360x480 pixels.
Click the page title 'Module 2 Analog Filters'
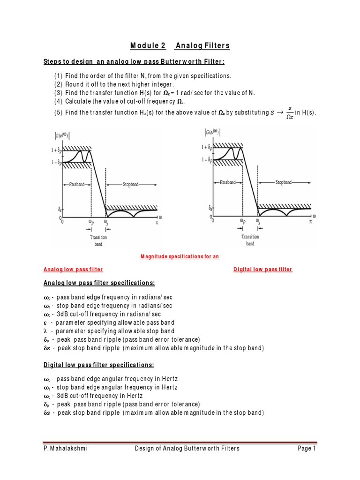click(180, 45)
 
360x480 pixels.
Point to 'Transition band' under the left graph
click(98, 240)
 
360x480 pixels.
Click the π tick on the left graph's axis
click(157, 224)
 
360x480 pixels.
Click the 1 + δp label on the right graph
click(209, 147)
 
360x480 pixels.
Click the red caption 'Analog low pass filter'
click(73, 270)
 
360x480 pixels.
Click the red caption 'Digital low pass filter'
click(262, 270)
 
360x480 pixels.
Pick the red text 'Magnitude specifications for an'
click(180, 257)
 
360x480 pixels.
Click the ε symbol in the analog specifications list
click(45, 322)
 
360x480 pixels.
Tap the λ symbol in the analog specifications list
click(45, 331)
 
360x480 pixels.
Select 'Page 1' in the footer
click(307, 449)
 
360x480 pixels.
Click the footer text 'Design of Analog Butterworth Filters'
click(187, 449)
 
